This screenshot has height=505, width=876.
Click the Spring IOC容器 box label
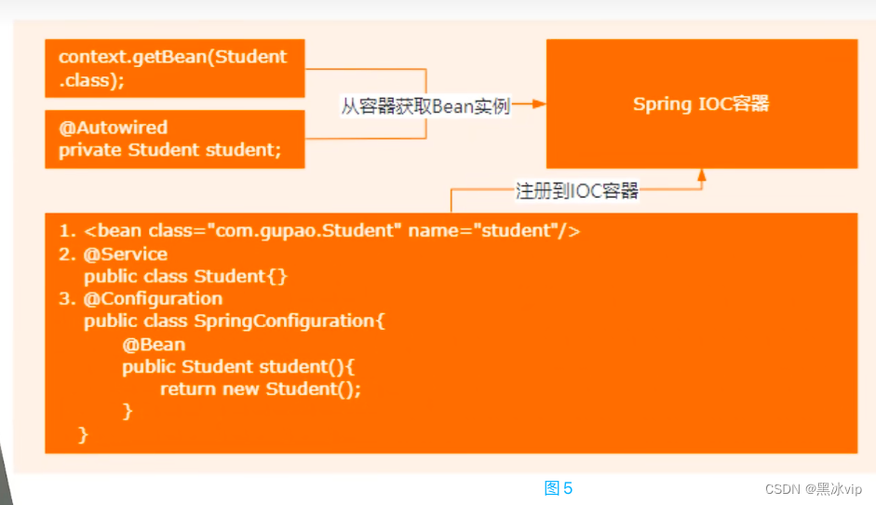coord(701,103)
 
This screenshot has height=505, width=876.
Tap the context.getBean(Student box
coord(175,68)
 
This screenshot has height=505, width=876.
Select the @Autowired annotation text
coord(114,128)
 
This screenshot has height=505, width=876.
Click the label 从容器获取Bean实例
coord(425,106)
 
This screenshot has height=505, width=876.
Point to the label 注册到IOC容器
coord(577,191)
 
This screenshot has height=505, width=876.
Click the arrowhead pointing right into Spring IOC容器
coord(537,105)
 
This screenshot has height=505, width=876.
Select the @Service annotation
coord(126,253)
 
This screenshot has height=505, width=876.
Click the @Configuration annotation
coord(153,298)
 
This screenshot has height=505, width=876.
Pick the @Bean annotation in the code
coord(154,344)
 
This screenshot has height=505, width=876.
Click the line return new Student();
coord(260,389)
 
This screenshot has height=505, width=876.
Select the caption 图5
coord(558,488)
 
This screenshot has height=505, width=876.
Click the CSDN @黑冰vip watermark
coord(813,489)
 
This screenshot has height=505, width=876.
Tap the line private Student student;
coord(169,150)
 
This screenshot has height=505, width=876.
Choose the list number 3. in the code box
coord(66,298)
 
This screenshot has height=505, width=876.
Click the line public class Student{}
coord(185,276)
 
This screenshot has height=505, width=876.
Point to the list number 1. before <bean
coord(66,230)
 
